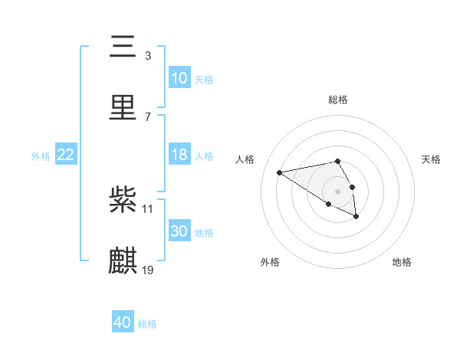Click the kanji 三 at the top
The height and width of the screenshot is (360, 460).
pos(123,47)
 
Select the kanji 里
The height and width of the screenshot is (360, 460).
pos(123,106)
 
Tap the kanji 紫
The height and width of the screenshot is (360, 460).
pos(123,200)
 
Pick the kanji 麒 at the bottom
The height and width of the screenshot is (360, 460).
pos(123,260)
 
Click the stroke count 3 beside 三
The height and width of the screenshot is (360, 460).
pos(148,56)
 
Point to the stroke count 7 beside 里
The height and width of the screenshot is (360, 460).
pos(148,116)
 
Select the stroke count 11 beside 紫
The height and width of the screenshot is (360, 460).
pos(148,209)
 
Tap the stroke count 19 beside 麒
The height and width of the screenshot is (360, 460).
pos(148,270)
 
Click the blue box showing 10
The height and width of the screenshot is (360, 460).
pos(179,77)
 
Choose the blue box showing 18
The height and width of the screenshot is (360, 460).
pos(179,155)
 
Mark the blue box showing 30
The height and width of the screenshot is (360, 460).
pos(179,231)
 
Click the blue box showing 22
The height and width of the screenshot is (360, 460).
pos(66,155)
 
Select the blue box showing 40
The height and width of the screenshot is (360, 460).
pos(123,322)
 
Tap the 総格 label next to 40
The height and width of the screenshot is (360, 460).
pos(147,324)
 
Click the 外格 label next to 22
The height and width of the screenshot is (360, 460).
pos(41,156)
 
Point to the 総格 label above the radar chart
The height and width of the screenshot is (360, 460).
pos(337,100)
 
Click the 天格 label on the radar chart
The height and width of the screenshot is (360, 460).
pos(432,159)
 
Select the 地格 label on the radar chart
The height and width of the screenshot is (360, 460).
pos(402,262)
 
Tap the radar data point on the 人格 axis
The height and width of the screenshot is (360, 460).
pos(280,172)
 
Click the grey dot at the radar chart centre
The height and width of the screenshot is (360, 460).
pos(337,191)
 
